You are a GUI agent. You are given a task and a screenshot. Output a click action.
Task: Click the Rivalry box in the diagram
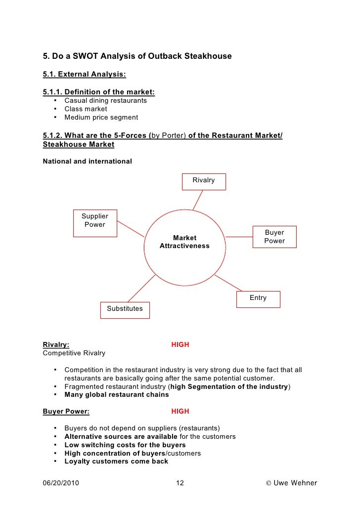coord(204,181)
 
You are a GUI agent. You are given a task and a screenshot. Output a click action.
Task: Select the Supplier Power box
coord(94,220)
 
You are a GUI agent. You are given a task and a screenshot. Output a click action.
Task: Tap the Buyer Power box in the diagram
coord(274,237)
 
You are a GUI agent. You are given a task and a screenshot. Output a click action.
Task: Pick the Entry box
coord(258,298)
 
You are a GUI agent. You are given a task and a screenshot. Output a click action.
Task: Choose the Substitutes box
coord(125,309)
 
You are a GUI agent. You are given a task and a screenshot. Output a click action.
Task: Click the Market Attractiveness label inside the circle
coord(184,242)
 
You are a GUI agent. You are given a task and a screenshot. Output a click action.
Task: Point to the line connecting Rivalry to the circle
coord(198,200)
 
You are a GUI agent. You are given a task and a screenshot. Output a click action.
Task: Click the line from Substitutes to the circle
coord(142,288)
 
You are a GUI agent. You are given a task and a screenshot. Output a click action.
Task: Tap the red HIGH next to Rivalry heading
coord(180,345)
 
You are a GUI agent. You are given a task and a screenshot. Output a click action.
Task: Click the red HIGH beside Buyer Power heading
coord(180,411)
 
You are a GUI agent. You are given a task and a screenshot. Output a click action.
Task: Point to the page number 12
coord(180,483)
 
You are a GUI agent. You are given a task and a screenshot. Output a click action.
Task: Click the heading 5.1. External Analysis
coord(85,75)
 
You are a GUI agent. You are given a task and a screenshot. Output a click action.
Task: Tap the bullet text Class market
coord(86,109)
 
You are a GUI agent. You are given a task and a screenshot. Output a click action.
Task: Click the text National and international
coord(88,161)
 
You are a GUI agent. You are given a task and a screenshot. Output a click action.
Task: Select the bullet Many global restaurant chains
coord(116,395)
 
